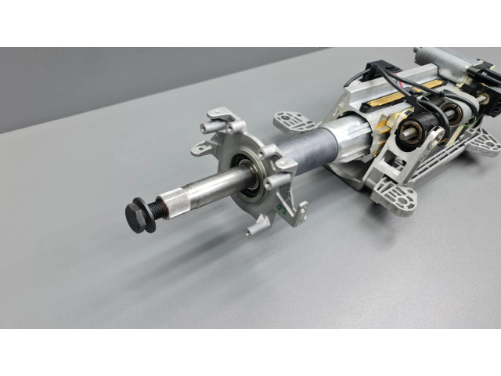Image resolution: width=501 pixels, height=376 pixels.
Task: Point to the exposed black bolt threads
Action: [x=160, y=206]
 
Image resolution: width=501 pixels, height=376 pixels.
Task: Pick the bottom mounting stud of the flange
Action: [x=254, y=230]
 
